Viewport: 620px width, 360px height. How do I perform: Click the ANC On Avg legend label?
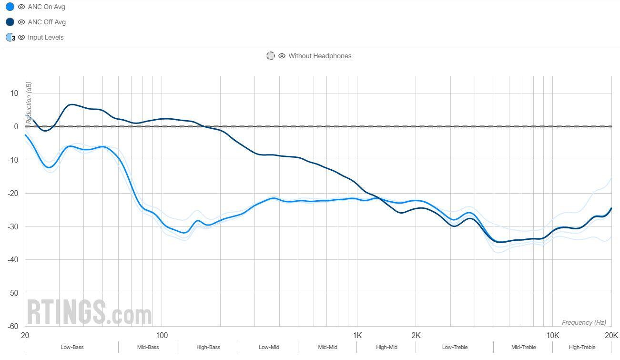click(x=46, y=7)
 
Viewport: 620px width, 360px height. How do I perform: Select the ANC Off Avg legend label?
click(x=47, y=22)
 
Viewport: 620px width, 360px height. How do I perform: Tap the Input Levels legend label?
click(x=45, y=38)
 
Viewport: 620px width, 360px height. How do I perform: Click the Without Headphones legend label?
click(x=319, y=56)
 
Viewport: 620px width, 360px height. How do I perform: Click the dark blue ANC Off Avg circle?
click(x=10, y=22)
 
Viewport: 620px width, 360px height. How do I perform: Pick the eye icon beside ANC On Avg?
click(x=21, y=7)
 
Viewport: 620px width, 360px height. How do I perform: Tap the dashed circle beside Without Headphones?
click(x=271, y=56)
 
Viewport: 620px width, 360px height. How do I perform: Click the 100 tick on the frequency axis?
click(x=162, y=335)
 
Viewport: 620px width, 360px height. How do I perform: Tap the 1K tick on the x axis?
click(x=357, y=335)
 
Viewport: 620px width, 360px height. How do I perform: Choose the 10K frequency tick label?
click(x=552, y=335)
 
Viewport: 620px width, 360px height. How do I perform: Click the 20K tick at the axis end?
click(x=611, y=335)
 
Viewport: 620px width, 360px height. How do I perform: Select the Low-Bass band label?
click(x=72, y=348)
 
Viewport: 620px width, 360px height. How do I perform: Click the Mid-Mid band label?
click(x=327, y=348)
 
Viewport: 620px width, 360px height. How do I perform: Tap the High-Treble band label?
click(x=582, y=348)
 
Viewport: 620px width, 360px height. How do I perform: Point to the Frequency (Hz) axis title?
click(x=584, y=323)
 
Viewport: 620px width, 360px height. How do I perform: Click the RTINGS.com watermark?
click(x=89, y=312)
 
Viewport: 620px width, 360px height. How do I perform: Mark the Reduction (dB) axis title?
click(x=29, y=103)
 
